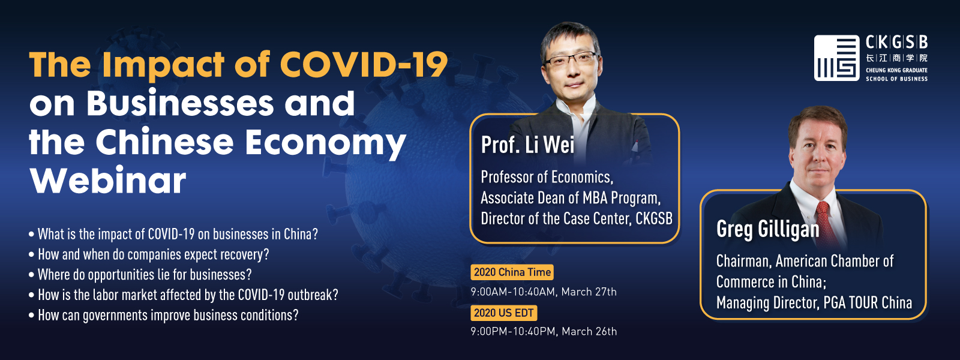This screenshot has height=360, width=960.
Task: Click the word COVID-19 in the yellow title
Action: click(364, 64)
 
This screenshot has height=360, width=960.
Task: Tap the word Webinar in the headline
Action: click(107, 180)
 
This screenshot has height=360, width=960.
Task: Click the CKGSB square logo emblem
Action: click(836, 58)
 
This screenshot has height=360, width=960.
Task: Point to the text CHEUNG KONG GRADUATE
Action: click(896, 70)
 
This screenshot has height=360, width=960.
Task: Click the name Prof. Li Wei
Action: click(527, 145)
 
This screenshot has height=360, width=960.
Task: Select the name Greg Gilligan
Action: click(767, 229)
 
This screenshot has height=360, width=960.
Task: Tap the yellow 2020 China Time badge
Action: click(512, 272)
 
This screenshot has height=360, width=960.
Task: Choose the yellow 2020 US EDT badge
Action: click(503, 313)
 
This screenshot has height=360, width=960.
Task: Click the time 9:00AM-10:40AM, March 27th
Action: click(544, 292)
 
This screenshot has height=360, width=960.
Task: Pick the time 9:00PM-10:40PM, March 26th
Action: click(544, 331)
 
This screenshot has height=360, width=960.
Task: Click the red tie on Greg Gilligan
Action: click(826, 223)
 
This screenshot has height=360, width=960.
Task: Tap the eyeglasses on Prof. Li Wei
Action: click(571, 59)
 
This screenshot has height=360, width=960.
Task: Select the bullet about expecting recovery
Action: click(149, 254)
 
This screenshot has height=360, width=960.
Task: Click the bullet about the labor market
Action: click(184, 295)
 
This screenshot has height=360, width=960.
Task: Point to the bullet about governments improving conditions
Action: click(164, 316)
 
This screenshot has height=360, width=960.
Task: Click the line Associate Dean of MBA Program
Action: click(571, 198)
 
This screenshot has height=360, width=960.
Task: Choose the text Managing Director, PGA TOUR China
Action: click(814, 303)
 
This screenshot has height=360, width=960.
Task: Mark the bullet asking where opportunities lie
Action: click(140, 275)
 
